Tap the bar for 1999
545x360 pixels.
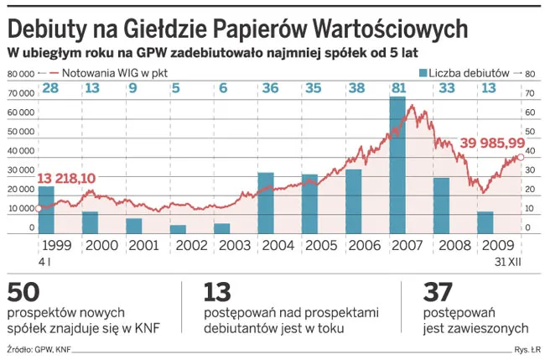46,210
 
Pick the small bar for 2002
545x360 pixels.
178,229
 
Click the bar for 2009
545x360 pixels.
485,222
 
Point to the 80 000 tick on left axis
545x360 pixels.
20,74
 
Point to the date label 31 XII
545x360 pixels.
507,263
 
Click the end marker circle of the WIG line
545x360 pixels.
521,157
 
